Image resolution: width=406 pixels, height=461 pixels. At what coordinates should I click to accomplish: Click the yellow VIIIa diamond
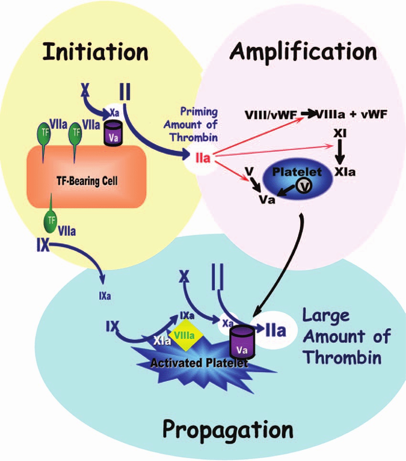(x=184, y=335)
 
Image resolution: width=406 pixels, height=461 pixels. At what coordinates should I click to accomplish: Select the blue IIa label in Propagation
(x=276, y=329)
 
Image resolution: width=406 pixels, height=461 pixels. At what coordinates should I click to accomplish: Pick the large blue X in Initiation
(x=86, y=89)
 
